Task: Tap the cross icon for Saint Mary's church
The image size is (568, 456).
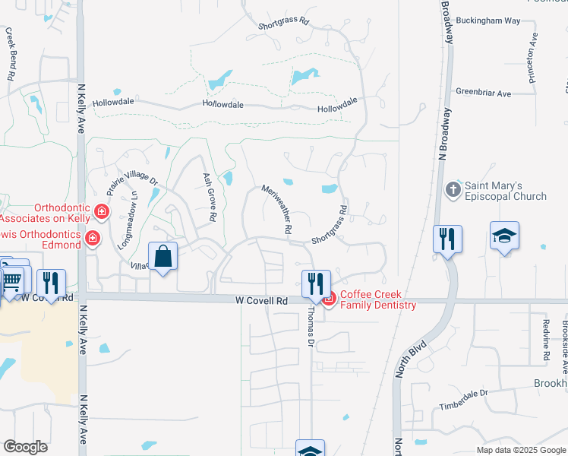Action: coord(453,189)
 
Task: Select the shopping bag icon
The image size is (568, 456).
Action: coord(163,257)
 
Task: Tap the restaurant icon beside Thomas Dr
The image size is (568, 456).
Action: coord(314,283)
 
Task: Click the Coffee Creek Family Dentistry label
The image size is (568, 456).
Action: coord(378,299)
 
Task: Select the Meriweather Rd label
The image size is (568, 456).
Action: coord(277,208)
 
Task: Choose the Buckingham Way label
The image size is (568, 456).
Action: coord(493,21)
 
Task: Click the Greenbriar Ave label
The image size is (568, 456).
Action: coord(483,93)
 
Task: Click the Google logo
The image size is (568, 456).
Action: coord(25,446)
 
